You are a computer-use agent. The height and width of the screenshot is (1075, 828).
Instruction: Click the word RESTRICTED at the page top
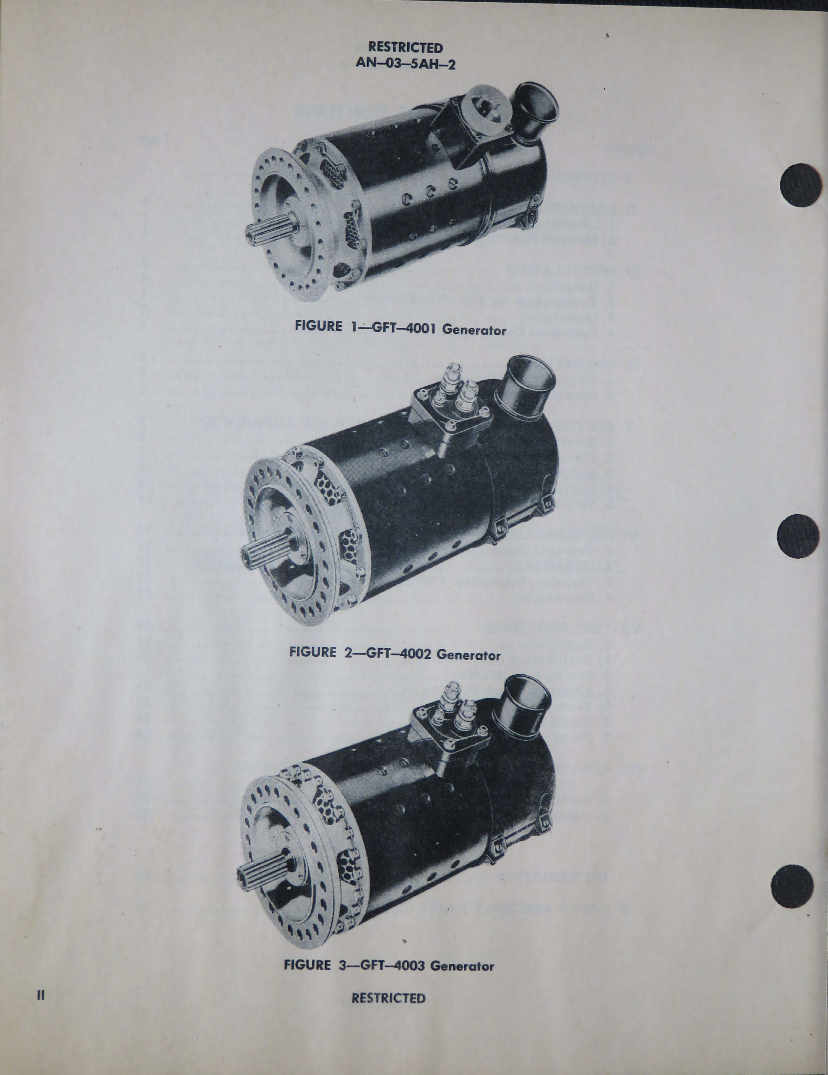coord(406,48)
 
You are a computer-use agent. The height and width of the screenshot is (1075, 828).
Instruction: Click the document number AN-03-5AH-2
coord(406,64)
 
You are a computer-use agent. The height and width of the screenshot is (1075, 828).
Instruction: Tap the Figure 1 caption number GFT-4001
coord(403,328)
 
